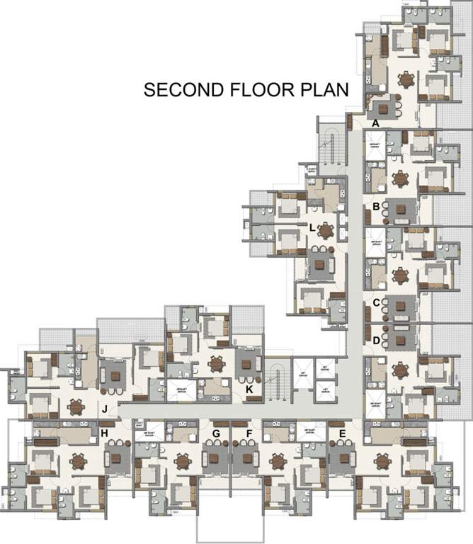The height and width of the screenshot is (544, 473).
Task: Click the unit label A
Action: (x=376, y=123)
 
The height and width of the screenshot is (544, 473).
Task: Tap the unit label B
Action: (x=376, y=207)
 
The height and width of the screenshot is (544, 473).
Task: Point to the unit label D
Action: (x=376, y=340)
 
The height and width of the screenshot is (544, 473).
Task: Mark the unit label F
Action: (x=249, y=433)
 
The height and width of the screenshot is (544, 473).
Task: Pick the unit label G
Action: (x=216, y=433)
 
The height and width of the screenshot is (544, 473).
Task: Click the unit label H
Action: (x=104, y=433)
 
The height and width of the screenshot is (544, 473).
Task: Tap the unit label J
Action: (x=104, y=409)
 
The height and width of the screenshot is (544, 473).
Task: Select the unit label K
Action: (x=249, y=389)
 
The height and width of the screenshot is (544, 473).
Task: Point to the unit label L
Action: (x=312, y=227)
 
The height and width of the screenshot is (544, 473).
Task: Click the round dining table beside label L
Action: (x=325, y=230)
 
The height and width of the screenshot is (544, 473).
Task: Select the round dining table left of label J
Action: (x=76, y=407)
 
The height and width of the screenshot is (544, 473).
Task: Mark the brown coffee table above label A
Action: (x=386, y=108)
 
